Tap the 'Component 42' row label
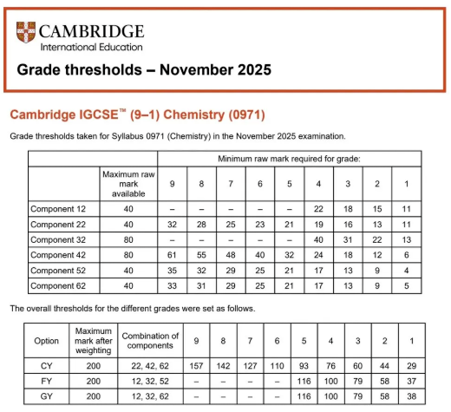pos(60,255)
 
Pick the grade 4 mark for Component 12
pos(317,209)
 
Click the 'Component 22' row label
pos(60,224)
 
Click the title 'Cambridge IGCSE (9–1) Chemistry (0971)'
pos(136,114)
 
